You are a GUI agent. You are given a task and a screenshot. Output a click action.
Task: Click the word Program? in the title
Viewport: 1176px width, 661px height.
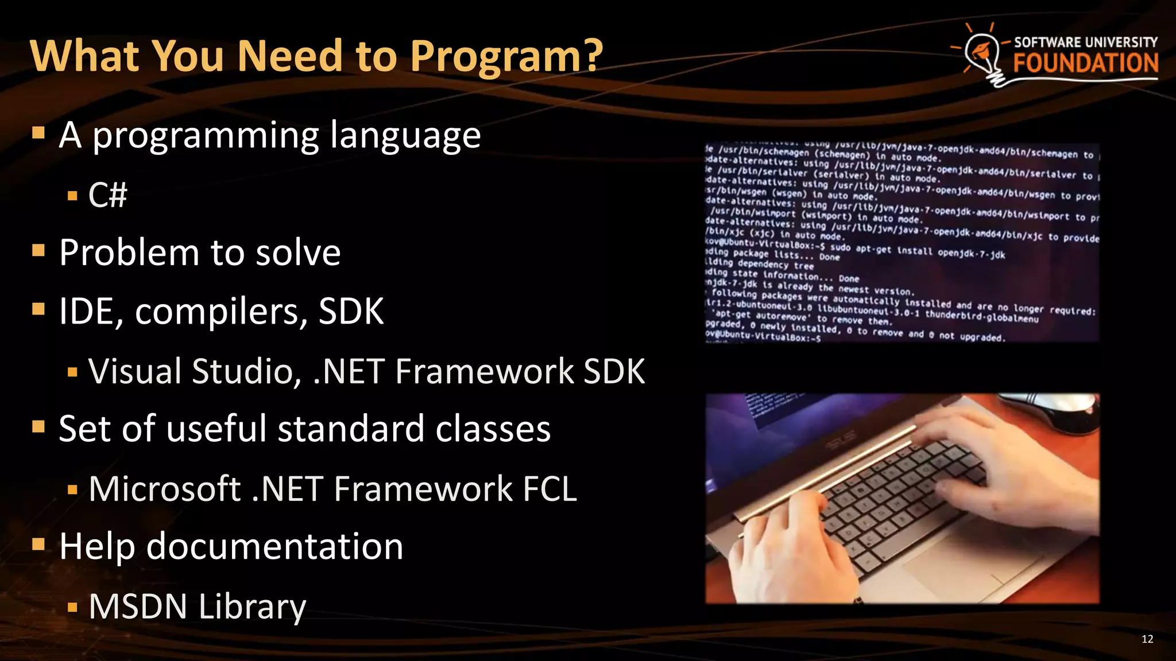coord(505,56)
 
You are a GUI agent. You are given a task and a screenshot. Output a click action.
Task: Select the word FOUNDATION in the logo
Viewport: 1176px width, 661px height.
coord(1085,63)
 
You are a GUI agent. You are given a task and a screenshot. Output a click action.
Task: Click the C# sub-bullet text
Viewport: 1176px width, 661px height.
coord(108,195)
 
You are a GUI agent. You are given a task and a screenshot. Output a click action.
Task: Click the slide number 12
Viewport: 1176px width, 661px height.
coord(1147,639)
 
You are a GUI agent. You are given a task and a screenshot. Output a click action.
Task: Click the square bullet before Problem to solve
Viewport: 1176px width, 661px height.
coord(38,251)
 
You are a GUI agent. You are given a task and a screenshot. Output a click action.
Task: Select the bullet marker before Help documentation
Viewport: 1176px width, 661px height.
coord(38,544)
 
